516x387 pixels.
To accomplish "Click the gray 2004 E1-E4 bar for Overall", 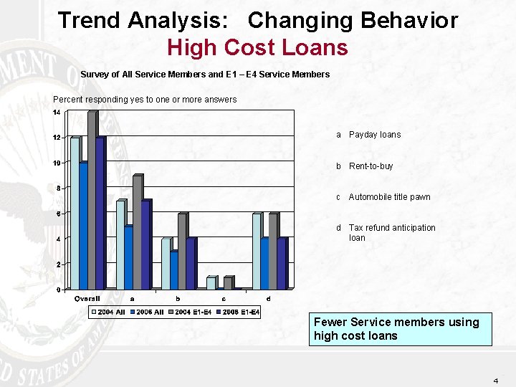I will pos(92,201).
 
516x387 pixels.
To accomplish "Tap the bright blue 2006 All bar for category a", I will pos(128,257).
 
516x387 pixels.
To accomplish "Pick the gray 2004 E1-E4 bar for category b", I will pos(182,251).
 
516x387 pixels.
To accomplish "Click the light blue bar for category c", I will pos(211,283).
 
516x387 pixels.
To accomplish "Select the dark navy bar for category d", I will pos(282,264).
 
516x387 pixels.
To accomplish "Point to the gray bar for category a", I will pos(137,232).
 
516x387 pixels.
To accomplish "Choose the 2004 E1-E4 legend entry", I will pos(190,312).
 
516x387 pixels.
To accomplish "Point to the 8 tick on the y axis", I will pos(58,188).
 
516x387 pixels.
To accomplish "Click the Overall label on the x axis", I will pos(87,299).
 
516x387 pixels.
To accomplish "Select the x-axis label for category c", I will pos(224,299).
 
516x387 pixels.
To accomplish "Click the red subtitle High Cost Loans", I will pos(257,48).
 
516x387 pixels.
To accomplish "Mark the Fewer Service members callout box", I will pos(400,329).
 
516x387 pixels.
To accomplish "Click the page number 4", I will pos(495,381).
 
